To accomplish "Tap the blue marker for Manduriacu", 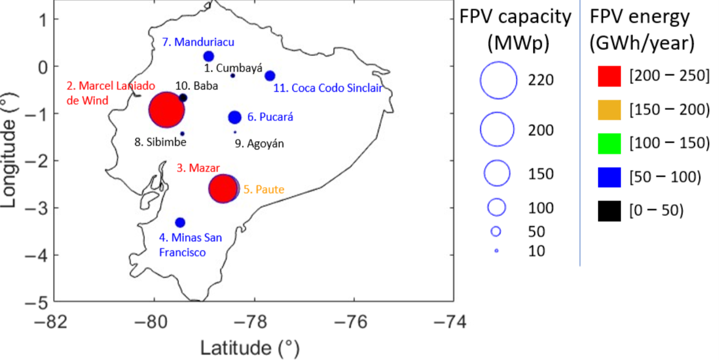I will point(209,56).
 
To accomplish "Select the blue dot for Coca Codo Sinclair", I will point(270,75).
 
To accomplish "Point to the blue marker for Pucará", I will point(235,117).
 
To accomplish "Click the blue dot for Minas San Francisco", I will point(180,222).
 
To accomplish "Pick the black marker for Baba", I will point(183,98).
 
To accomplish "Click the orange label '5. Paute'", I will point(264,189).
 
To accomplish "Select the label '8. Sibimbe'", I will point(160,142).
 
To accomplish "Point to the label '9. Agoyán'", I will point(259,143).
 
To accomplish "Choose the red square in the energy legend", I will point(609,76).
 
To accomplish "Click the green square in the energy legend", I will point(609,144).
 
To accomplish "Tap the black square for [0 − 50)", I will point(609,211).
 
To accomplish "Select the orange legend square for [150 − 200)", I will point(609,110).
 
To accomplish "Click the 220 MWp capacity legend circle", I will point(498,81).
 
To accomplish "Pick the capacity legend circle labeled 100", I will point(497,207).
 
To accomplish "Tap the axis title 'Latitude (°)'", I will point(249,348).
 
